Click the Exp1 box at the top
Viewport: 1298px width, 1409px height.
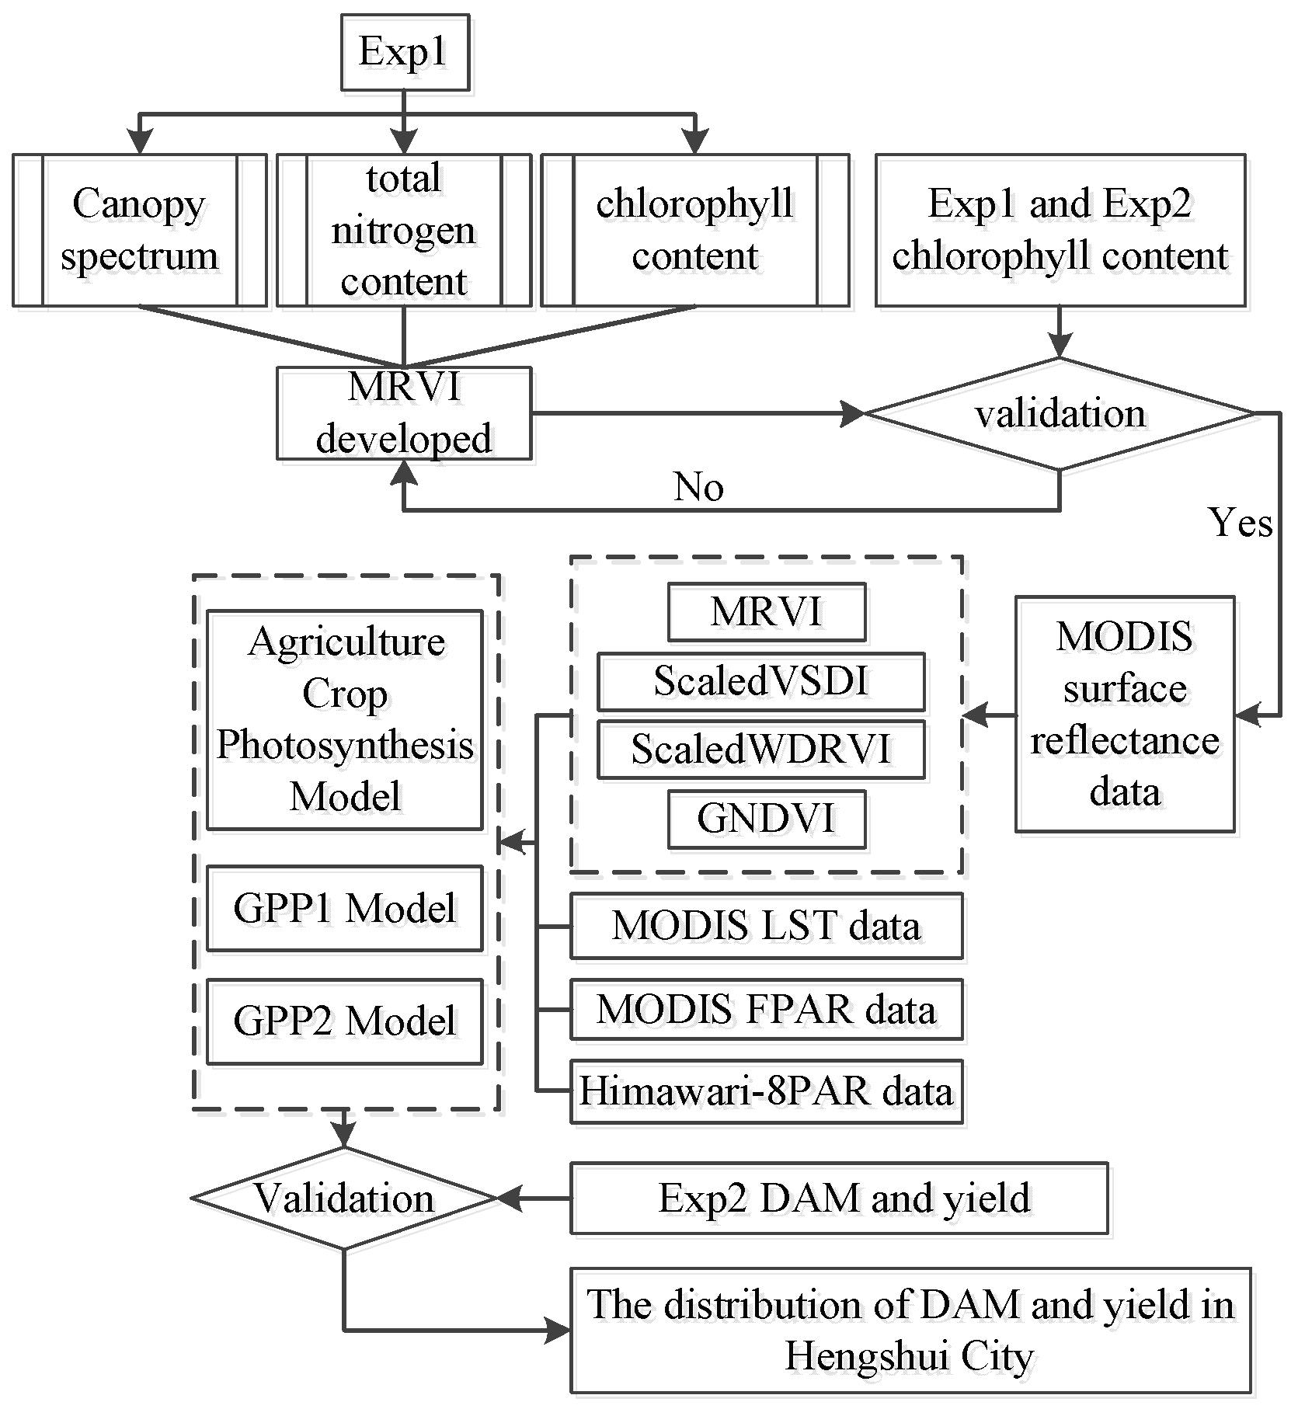click(x=405, y=53)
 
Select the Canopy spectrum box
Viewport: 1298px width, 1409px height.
click(x=140, y=230)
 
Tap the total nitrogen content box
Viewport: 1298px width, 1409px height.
click(x=404, y=230)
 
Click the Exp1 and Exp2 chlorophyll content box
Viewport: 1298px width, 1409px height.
click(x=1060, y=230)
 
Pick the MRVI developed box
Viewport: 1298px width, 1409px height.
click(x=404, y=413)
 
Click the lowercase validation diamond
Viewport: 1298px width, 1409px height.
click(x=1060, y=414)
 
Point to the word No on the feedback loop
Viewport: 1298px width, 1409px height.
click(x=698, y=487)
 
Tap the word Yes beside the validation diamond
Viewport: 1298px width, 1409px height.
click(x=1240, y=522)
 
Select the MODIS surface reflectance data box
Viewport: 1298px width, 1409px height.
click(x=1124, y=714)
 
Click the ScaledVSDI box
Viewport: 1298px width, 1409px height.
click(x=760, y=681)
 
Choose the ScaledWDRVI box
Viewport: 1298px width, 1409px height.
click(x=760, y=750)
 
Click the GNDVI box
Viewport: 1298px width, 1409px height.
click(x=766, y=819)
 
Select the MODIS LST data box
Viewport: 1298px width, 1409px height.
click(x=766, y=926)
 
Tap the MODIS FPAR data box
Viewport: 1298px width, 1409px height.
click(x=766, y=1010)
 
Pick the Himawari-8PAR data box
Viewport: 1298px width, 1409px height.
click(x=766, y=1091)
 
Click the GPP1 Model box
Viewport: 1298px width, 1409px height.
click(x=344, y=908)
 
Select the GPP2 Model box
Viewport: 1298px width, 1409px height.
click(x=344, y=1021)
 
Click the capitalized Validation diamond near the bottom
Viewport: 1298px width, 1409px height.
click(x=344, y=1199)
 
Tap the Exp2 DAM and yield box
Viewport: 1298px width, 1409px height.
click(x=839, y=1199)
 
